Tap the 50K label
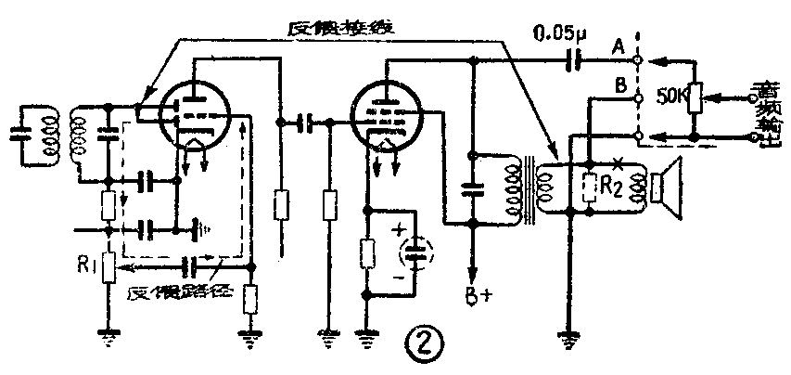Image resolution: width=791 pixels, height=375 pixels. coord(671,96)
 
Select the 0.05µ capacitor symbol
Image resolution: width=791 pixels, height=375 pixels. coord(576,61)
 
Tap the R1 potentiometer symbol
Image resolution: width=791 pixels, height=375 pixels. coord(110,267)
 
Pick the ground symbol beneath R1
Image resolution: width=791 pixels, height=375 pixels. coord(110,340)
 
